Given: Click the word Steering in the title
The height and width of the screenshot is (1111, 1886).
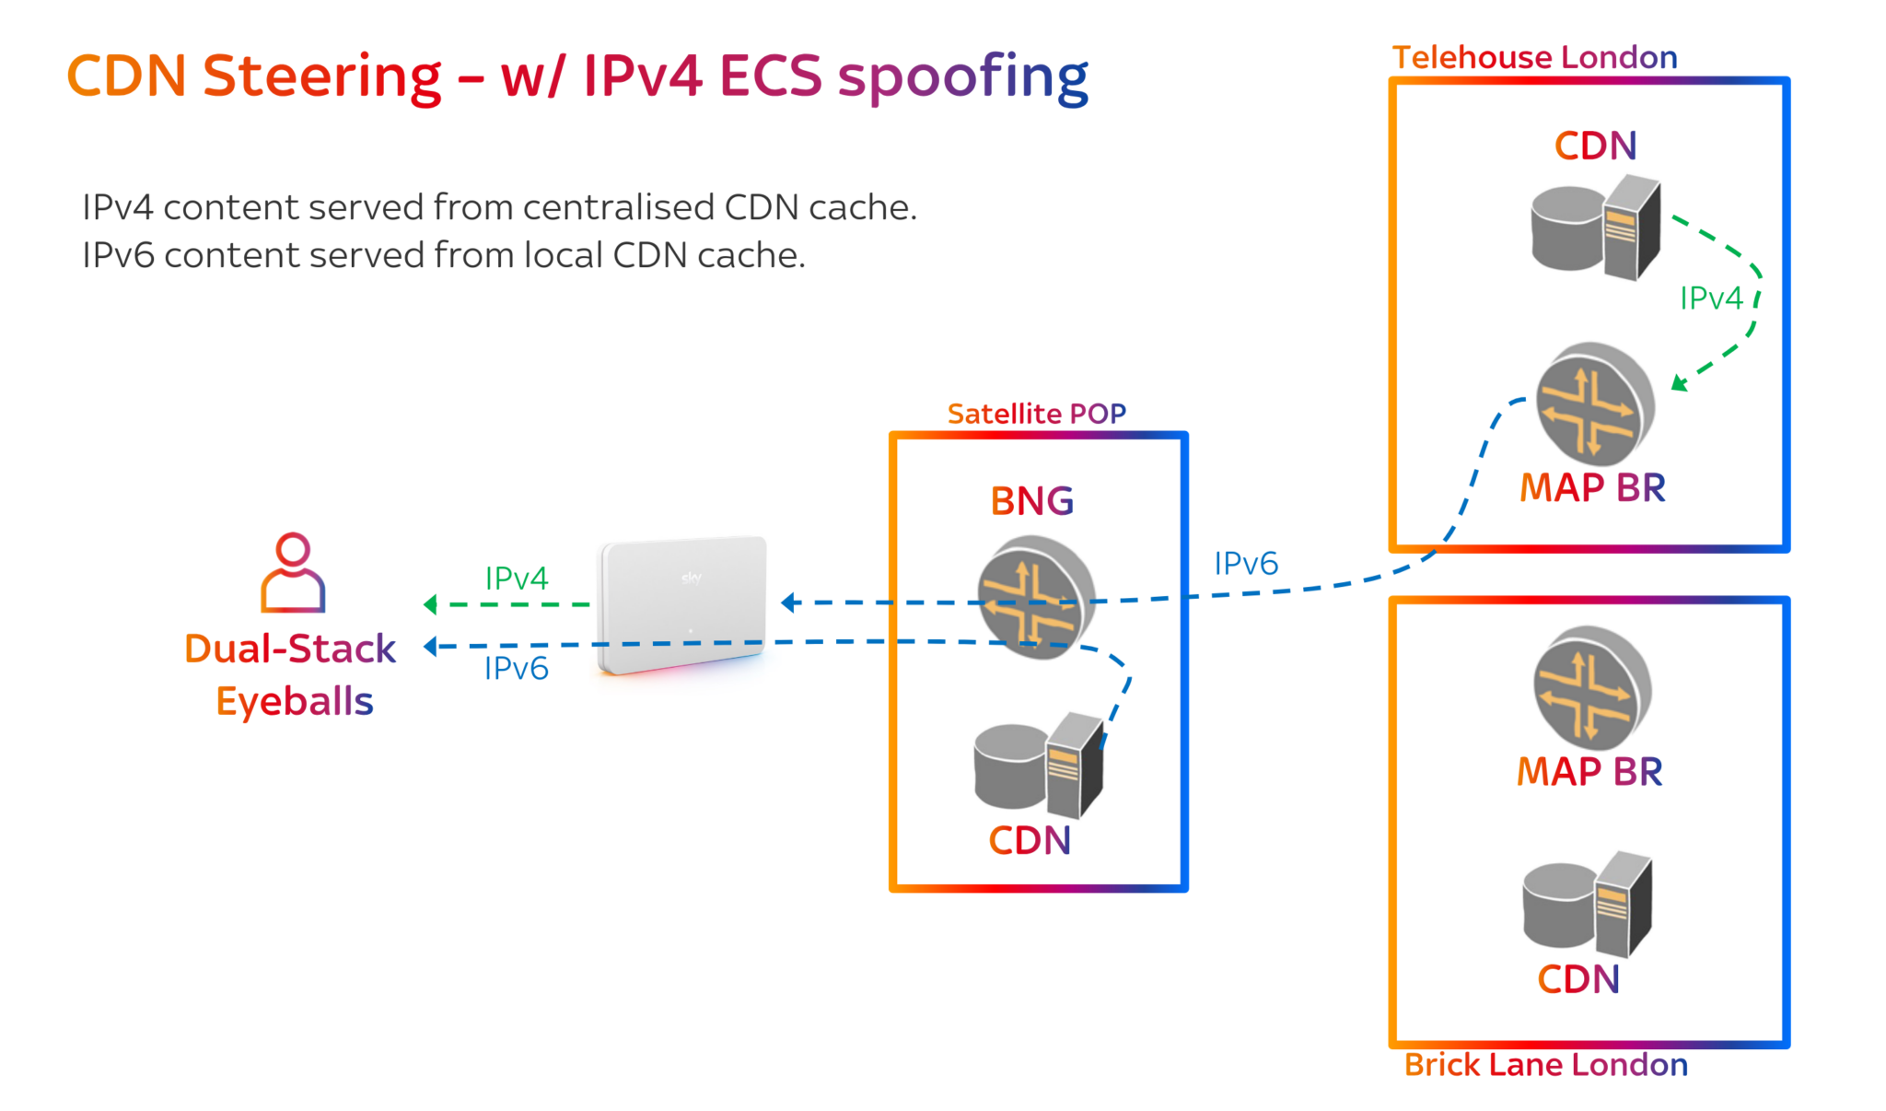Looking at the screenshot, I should click(321, 76).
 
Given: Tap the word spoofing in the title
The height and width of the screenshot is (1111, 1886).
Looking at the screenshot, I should click(962, 77).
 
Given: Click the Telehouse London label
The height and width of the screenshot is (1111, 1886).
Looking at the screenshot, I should click(1534, 57).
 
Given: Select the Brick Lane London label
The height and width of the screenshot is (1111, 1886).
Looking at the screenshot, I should click(1545, 1065).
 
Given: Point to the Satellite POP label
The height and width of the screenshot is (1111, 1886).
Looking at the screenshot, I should click(1036, 414).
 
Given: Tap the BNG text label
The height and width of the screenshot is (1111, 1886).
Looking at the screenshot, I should click(1031, 501).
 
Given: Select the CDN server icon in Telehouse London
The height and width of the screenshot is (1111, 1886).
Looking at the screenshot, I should click(1596, 227).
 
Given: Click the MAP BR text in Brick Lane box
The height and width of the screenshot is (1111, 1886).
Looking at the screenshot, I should click(1589, 772).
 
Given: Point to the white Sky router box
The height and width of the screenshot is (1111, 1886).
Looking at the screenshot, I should click(682, 603).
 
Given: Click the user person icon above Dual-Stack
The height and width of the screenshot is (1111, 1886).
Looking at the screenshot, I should click(293, 572).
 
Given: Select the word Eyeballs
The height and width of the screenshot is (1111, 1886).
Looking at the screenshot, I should click(294, 702).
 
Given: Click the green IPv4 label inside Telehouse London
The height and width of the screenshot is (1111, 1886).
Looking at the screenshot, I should click(1711, 298).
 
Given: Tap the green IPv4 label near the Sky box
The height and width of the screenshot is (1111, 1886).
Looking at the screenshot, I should click(517, 579).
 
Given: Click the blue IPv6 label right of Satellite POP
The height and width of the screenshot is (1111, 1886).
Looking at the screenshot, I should click(1246, 564).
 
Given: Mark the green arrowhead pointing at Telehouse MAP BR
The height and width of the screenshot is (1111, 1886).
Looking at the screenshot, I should click(1679, 383).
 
